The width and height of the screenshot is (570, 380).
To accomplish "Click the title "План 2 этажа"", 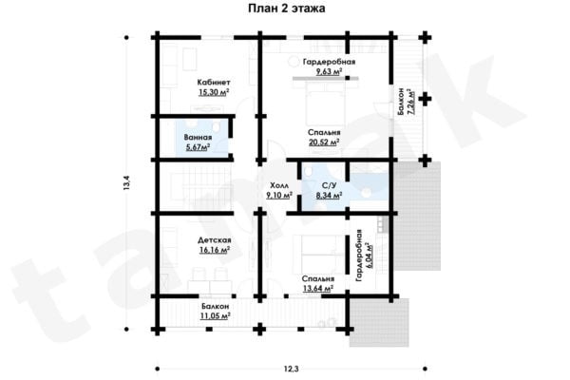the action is coord(287,9).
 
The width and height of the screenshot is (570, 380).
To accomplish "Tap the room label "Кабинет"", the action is coord(214,83).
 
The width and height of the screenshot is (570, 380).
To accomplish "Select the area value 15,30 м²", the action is coord(214,92).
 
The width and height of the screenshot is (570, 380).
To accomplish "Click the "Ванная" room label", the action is coord(198,138).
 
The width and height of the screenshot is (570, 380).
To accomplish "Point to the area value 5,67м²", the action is coord(198,147).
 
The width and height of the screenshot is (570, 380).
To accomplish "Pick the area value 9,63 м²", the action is coord(329,71).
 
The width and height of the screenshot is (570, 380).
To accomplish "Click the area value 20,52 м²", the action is coord(324,142).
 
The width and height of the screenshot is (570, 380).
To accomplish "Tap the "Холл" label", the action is coord(279,186).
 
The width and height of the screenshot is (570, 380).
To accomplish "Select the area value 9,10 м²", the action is coord(279,196).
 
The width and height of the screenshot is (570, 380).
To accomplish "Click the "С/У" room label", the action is coord(329,186).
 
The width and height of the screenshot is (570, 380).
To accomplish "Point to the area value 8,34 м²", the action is coord(329,196).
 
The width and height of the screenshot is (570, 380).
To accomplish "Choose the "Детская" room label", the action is coord(215,240).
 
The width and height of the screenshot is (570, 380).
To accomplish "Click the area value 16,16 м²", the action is coord(215,250).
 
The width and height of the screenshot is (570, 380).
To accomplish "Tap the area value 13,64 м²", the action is coord(318,289).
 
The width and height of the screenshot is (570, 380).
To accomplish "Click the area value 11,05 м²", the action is coord(215,316).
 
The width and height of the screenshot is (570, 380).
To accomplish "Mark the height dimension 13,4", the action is coord(126,183).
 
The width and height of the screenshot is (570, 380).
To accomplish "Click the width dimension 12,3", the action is coord(292,370).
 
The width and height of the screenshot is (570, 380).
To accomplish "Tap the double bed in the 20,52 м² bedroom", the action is coord(325,104).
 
